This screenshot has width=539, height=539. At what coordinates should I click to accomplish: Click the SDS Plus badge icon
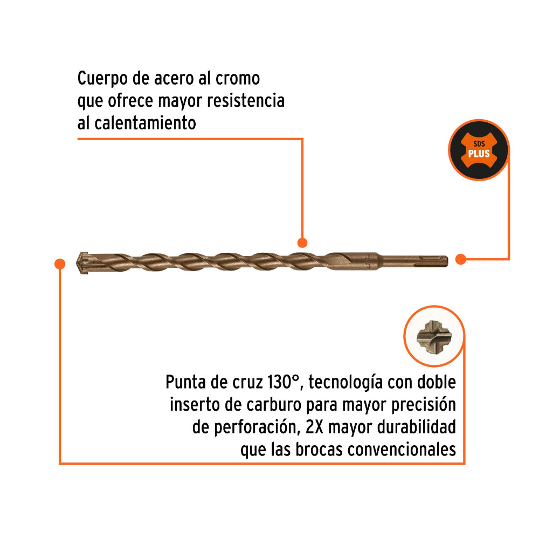pyautogui.click(x=479, y=150)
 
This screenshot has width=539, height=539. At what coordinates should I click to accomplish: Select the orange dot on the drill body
pyautogui.click(x=302, y=243)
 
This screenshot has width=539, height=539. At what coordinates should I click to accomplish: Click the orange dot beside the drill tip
pyautogui.click(x=59, y=263)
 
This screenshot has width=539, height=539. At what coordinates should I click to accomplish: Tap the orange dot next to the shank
pyautogui.click(x=460, y=259)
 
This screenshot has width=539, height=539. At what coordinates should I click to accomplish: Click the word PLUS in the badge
pyautogui.click(x=479, y=154)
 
